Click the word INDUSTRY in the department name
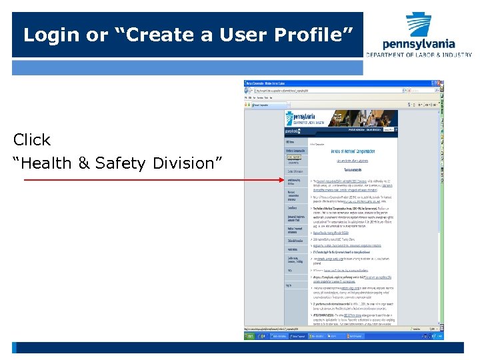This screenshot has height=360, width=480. (x=453, y=55)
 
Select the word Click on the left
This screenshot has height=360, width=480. (x=32, y=140)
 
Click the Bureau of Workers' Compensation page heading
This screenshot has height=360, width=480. (x=353, y=151)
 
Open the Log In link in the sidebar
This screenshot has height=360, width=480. (x=289, y=285)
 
